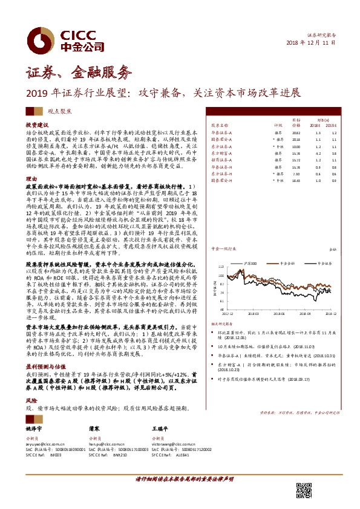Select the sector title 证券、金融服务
[78, 74]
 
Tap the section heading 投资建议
[36, 123]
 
